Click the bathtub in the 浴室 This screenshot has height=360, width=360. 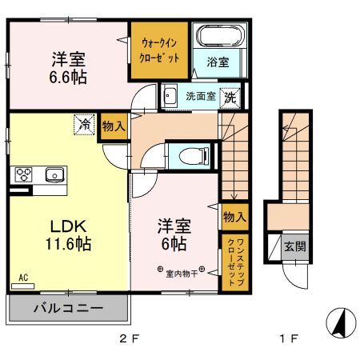[x=218, y=37]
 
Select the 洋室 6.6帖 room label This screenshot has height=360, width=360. [x=70, y=67]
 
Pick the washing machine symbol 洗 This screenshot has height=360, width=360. [x=230, y=96]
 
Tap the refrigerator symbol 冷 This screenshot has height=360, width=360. [x=83, y=123]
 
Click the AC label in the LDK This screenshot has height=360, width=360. [x=22, y=278]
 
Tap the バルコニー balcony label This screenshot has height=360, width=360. [x=67, y=308]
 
